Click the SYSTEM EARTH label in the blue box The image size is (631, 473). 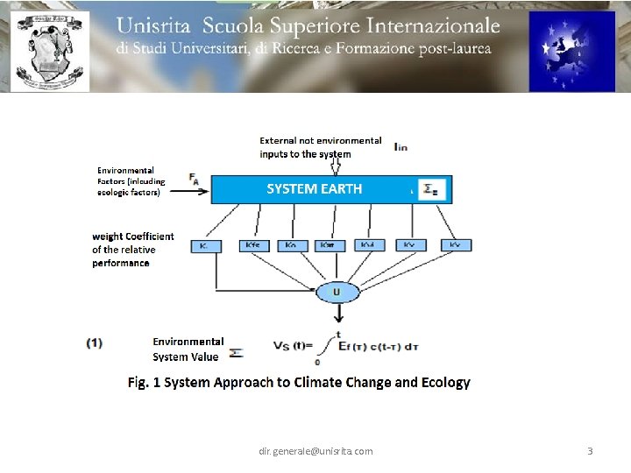pos(314,189)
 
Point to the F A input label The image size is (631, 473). pos(193,179)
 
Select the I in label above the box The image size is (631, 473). pos(400,146)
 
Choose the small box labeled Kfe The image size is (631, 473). pos(253,246)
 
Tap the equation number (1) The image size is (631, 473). pos(94,342)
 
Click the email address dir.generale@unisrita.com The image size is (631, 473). pos(315,451)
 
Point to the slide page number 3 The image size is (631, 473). pos(589,451)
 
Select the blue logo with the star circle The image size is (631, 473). pos(571,51)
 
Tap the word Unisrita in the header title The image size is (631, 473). pos(160,26)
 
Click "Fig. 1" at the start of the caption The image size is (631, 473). pos(144,383)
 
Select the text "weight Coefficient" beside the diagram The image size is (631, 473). pos(133,236)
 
